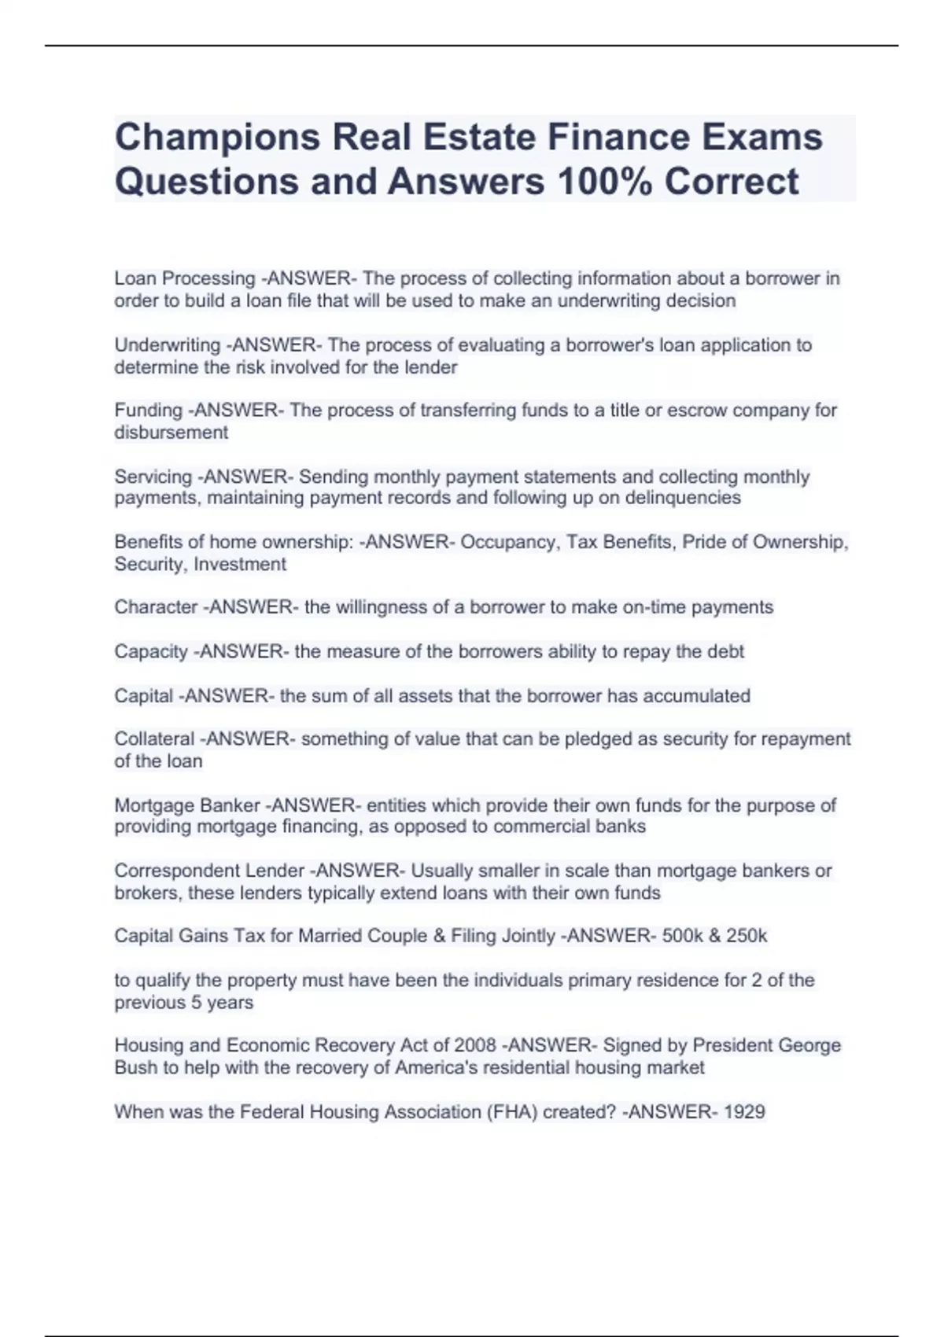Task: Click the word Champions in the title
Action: (216, 138)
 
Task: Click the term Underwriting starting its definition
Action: (167, 345)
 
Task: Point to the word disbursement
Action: (171, 433)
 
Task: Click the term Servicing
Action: (153, 477)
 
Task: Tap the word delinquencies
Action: (682, 498)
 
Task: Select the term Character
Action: (156, 607)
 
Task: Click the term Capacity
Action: (151, 652)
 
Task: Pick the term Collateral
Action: (154, 739)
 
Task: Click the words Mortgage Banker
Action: (187, 805)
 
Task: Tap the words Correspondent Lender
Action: (209, 871)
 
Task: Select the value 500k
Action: (685, 936)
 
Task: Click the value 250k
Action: (746, 936)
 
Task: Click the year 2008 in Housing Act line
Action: (475, 1045)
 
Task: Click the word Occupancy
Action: (509, 543)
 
